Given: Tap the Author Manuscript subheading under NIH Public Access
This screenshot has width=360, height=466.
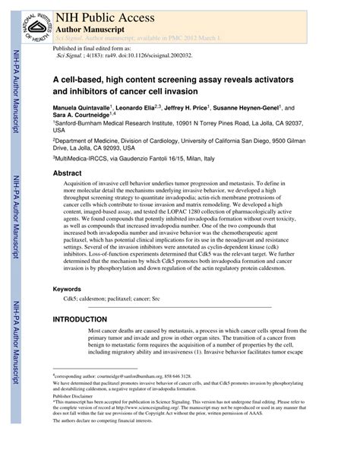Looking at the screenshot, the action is click(91, 25).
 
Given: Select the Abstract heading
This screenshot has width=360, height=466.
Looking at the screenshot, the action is click(67, 173).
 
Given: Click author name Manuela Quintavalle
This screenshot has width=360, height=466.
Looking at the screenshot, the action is click(81, 109).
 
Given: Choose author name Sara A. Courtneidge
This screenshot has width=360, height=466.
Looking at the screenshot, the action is click(84, 118).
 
